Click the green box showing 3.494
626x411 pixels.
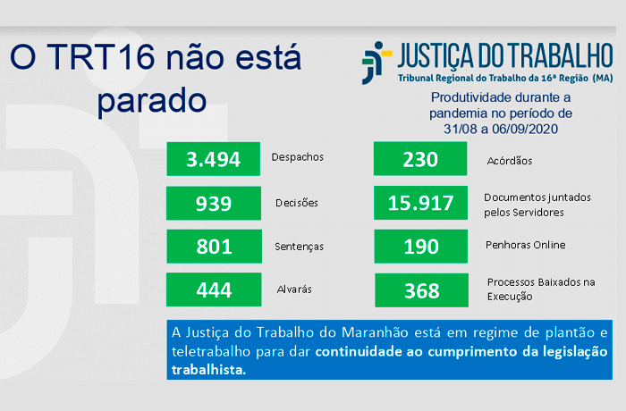(x=213, y=159)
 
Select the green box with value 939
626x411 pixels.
(x=214, y=203)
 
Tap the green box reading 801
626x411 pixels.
(x=214, y=247)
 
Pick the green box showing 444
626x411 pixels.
(x=214, y=289)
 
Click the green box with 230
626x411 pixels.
(x=420, y=159)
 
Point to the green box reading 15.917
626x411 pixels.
(x=421, y=203)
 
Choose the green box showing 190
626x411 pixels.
(x=421, y=247)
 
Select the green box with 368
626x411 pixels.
(x=421, y=290)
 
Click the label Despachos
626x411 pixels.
(x=298, y=157)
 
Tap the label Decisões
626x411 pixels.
(x=297, y=203)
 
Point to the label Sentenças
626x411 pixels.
(x=299, y=247)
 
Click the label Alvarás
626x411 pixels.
(x=294, y=289)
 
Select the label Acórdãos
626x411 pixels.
(x=510, y=161)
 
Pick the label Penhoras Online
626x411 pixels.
(x=526, y=245)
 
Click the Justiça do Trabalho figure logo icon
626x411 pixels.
(x=376, y=63)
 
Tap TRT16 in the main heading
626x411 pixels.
(x=100, y=56)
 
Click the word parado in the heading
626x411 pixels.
(x=152, y=101)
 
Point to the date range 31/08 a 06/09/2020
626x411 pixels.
(x=501, y=129)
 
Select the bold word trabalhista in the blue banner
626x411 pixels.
(x=208, y=370)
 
